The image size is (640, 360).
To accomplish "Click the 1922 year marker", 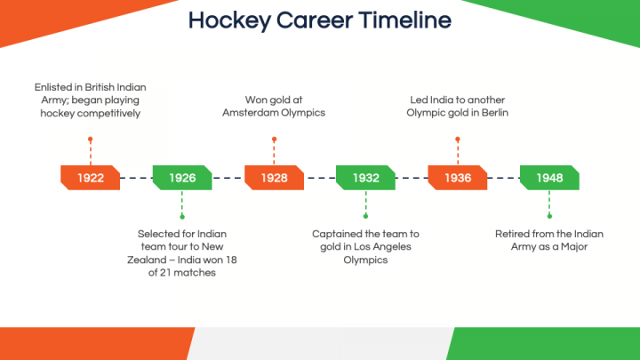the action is [x=90, y=178].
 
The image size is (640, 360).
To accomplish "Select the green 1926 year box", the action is [x=182, y=178].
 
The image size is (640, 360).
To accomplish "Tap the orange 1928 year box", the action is [x=274, y=178].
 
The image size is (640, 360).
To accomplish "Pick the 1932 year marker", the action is [x=365, y=178].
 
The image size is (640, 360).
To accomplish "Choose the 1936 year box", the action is [x=458, y=178].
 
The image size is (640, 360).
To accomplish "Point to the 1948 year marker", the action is [x=549, y=178].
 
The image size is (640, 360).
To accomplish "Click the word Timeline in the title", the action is [x=405, y=20].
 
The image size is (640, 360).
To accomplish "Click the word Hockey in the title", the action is [x=229, y=20].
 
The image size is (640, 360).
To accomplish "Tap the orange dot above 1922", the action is [x=90, y=140].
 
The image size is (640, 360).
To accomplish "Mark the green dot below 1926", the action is [x=182, y=216].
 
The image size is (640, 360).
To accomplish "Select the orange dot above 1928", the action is [x=275, y=140].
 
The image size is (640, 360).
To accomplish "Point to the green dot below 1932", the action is [x=365, y=216].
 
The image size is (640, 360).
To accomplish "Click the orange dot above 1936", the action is [x=458, y=140].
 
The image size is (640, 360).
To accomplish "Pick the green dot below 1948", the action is [x=549, y=216].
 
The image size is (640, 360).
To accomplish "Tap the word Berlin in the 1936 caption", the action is [x=495, y=113].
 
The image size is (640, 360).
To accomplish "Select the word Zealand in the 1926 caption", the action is [x=144, y=260].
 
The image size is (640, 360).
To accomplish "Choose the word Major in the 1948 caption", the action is [x=574, y=247].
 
